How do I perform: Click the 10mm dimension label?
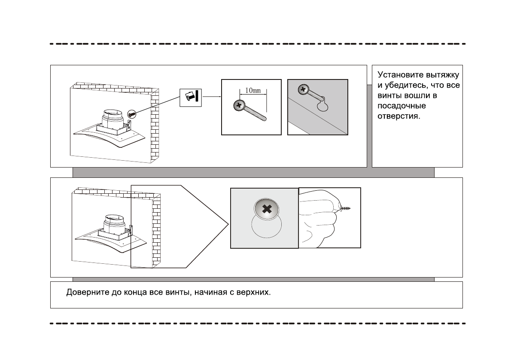click(x=252, y=91)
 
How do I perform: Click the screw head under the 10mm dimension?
click(x=237, y=105)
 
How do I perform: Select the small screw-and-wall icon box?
click(x=190, y=97)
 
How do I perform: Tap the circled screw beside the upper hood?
click(x=132, y=114)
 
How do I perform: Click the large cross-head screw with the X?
click(x=267, y=210)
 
